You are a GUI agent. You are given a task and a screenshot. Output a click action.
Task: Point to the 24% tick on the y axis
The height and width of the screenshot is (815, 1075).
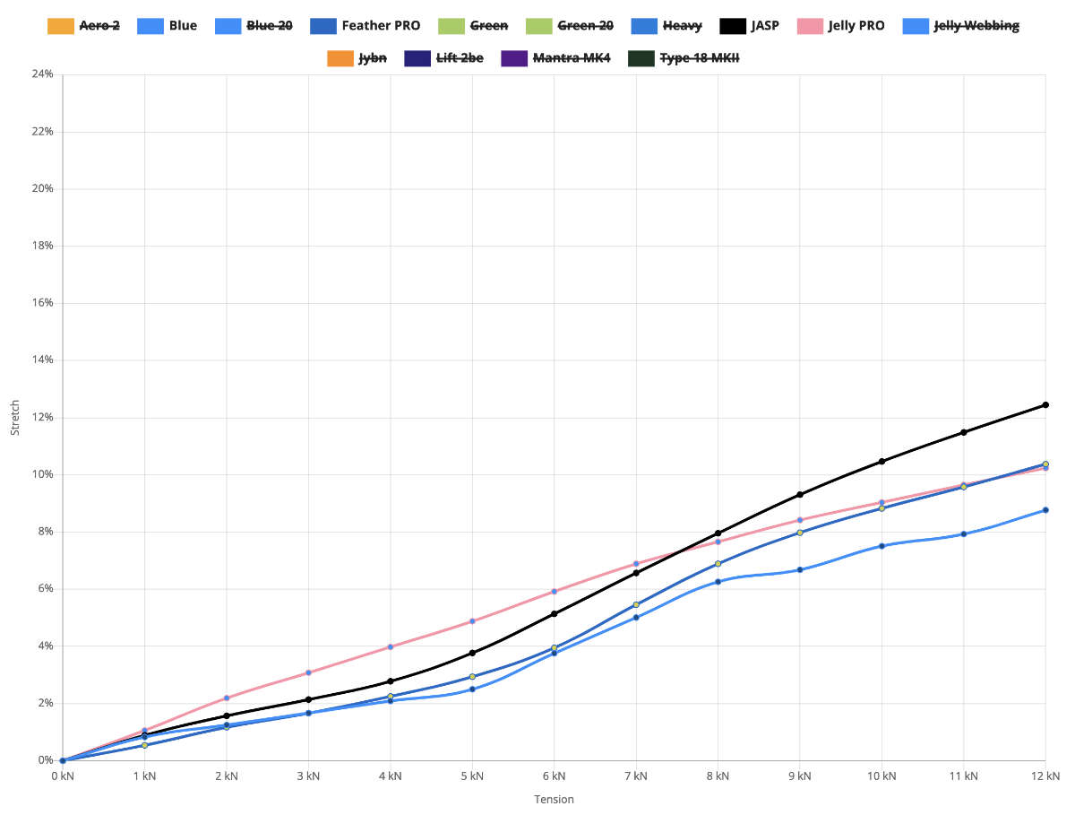click(x=41, y=74)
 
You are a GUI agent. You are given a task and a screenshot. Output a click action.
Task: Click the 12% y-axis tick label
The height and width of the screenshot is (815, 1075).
click(x=41, y=418)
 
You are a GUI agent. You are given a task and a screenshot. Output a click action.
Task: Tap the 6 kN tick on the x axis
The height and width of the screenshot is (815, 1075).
click(x=554, y=776)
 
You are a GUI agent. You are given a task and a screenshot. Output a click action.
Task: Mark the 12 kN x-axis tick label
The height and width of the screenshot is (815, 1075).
click(x=1045, y=776)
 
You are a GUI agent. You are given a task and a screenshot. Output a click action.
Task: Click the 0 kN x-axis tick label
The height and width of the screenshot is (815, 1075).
click(x=63, y=776)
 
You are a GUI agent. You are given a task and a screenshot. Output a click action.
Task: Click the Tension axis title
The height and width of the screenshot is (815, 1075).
click(x=554, y=800)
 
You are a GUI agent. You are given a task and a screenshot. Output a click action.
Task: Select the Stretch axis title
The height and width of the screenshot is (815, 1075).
click(x=14, y=418)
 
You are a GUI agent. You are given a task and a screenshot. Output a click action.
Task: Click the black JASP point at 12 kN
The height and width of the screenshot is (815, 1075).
click(x=1045, y=405)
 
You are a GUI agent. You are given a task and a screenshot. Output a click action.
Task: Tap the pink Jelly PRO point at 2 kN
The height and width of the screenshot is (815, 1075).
click(x=227, y=698)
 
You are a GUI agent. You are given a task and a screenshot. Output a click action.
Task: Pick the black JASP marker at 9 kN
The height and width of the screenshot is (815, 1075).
click(x=800, y=495)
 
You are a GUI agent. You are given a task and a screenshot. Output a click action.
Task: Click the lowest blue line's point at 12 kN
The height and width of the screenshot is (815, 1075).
click(x=1045, y=510)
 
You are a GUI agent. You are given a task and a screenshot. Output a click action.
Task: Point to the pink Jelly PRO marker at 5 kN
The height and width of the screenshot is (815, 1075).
click(x=472, y=621)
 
